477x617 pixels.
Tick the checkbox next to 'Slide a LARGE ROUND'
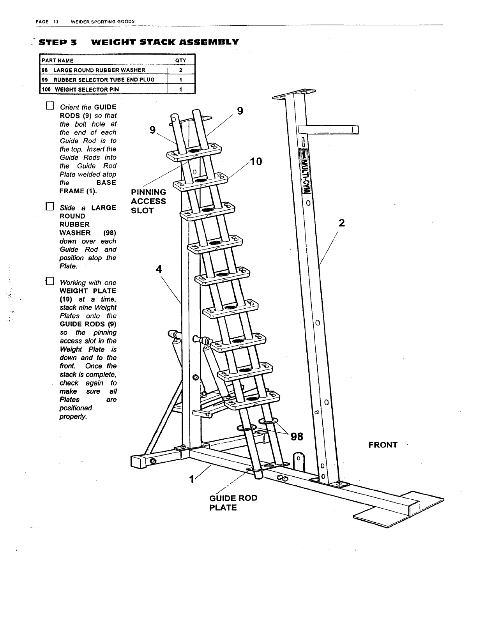(49, 207)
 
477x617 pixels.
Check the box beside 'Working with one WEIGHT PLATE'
(49, 281)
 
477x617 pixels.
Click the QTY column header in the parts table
(180, 60)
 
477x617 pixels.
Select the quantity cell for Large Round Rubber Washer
(180, 70)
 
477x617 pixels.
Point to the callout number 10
(256, 161)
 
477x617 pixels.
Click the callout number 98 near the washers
(297, 437)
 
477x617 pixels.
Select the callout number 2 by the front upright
(342, 223)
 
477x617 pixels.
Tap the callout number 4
(159, 269)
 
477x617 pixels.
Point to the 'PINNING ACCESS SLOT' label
(148, 201)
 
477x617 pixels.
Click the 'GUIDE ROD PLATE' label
(233, 503)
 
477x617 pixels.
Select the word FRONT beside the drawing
(383, 445)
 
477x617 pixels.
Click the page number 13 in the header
(56, 21)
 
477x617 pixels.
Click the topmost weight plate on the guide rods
(193, 150)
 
